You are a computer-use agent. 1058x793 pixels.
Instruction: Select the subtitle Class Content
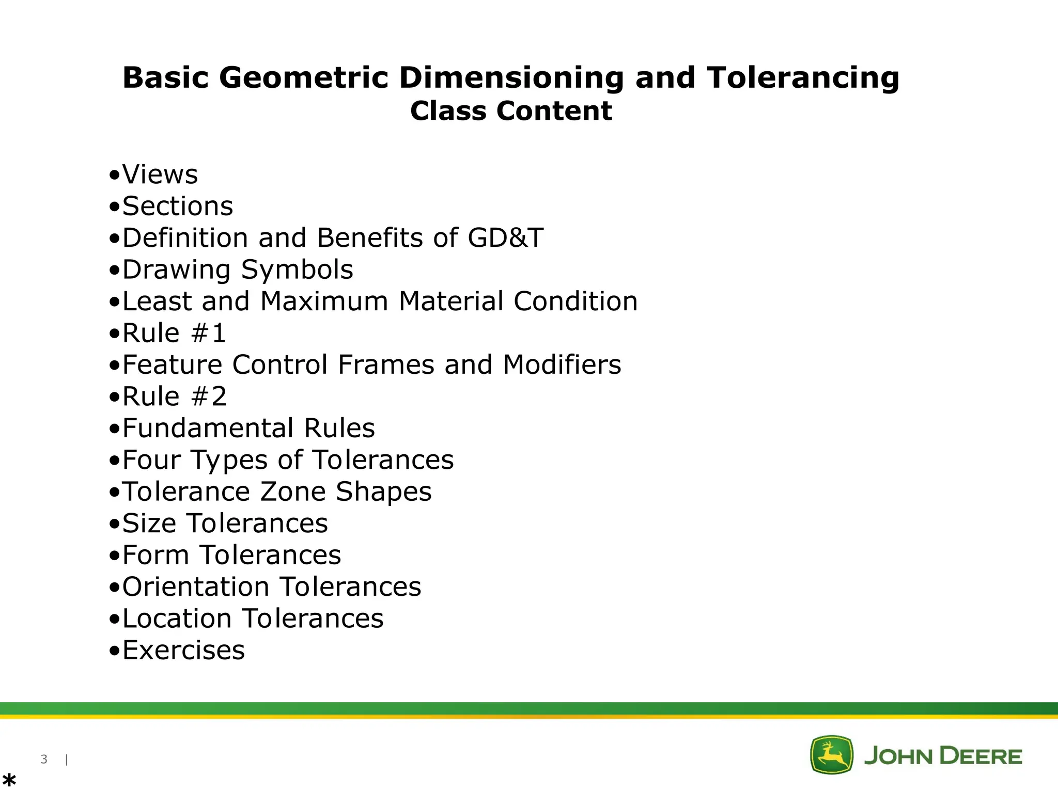tap(511, 111)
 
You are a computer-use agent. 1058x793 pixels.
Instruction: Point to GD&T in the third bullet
tap(505, 238)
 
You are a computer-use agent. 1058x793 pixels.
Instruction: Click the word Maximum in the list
tap(324, 302)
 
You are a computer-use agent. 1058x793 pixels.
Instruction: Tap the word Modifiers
tap(562, 365)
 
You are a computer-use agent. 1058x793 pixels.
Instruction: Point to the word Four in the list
tap(151, 460)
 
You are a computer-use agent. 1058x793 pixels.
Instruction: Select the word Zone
tap(292, 492)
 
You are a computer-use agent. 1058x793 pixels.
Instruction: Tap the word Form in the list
tap(155, 556)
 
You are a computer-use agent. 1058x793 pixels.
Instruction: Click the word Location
tap(177, 619)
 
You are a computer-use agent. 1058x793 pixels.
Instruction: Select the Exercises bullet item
tap(183, 651)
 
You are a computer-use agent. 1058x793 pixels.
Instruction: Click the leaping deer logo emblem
tap(831, 755)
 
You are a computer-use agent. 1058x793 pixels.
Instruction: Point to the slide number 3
tap(44, 759)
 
